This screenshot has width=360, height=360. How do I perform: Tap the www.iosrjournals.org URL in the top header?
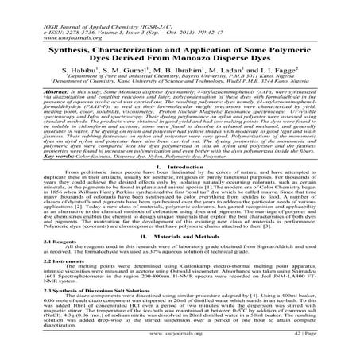(x=35, y=17)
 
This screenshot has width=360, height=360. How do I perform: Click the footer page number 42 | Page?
(x=332, y=354)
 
